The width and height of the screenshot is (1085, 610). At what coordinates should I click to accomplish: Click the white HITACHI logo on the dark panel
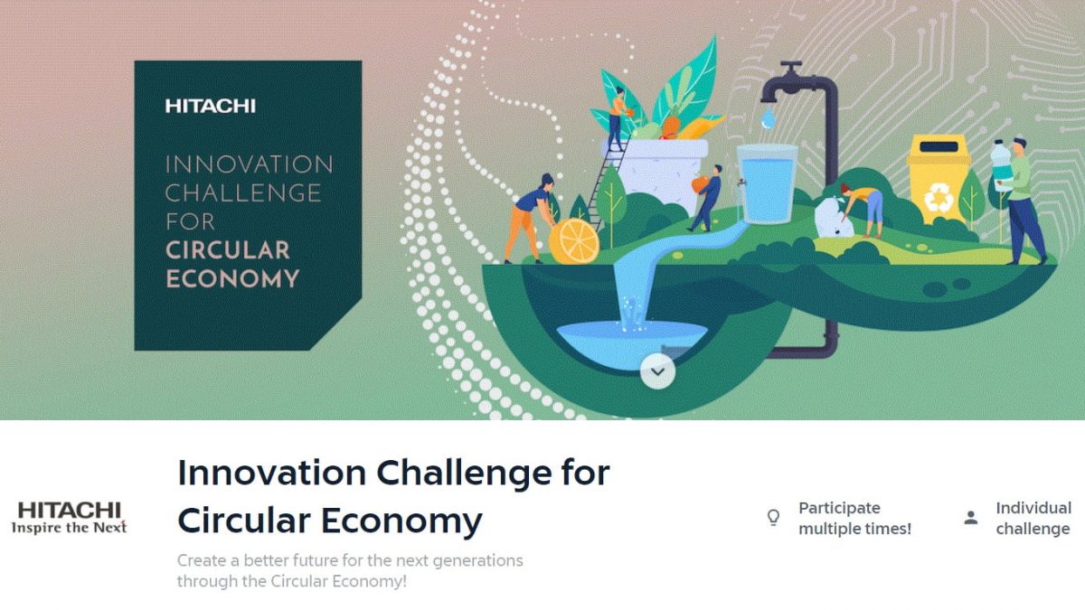pos(210,106)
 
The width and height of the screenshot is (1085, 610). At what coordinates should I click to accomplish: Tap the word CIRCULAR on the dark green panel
pos(228,250)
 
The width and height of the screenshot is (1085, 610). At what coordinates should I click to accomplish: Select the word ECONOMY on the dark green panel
pos(232,279)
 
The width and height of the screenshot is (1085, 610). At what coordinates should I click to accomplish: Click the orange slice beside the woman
pos(574,241)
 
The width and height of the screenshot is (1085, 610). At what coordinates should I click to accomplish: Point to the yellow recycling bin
pos(939,178)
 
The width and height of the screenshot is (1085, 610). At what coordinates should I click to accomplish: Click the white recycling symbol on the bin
pos(939,199)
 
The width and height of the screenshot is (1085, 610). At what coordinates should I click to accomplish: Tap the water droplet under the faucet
pos(768,118)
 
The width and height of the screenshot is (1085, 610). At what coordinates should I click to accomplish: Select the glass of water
pos(767,184)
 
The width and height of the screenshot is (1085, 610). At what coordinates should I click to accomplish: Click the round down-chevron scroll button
pos(657,371)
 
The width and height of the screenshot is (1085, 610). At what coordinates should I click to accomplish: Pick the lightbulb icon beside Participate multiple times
pos(774,518)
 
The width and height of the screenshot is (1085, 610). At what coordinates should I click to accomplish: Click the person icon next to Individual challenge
pos(971,518)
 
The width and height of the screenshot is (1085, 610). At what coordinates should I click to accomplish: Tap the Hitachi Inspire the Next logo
pos(70,518)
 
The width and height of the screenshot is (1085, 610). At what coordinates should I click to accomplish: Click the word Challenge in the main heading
pos(464,473)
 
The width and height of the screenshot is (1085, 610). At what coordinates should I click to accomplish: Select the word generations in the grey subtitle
pos(477,560)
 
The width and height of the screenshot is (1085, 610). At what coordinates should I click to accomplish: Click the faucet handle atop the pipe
pos(791,65)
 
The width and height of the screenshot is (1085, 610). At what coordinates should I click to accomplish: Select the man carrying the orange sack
pos(706,198)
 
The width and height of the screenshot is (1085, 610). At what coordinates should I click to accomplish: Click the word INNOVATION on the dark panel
pos(249,164)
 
